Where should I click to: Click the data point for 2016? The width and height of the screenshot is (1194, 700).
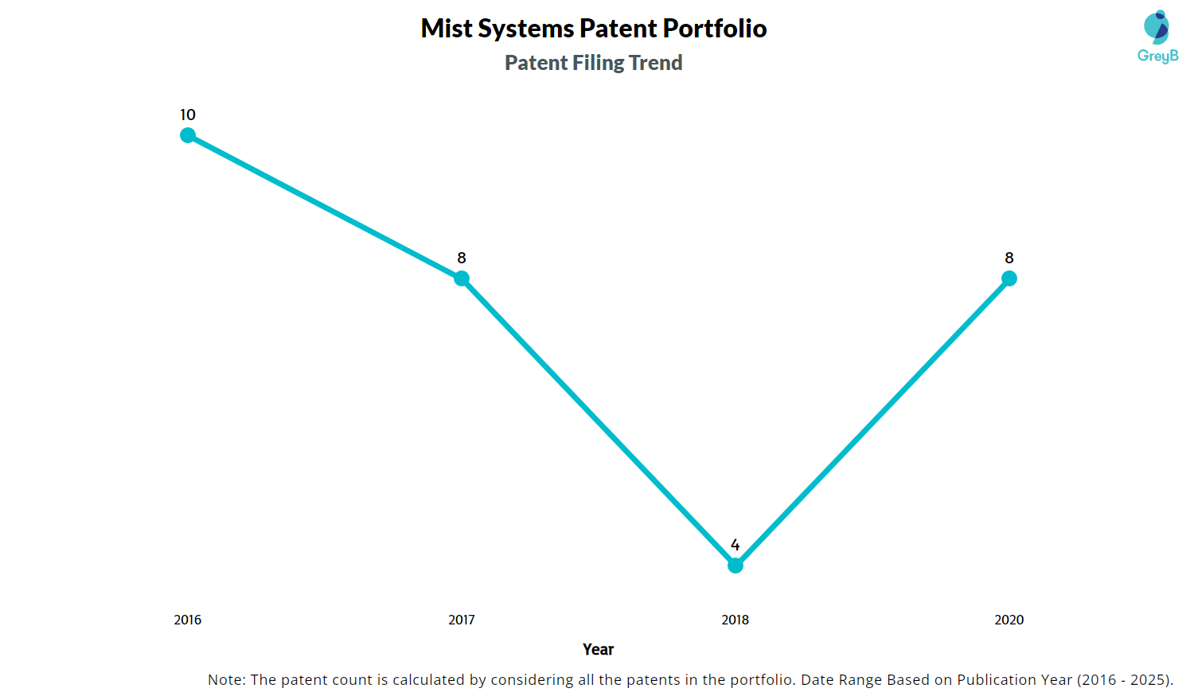point(188,135)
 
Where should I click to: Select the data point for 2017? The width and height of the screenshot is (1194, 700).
point(462,278)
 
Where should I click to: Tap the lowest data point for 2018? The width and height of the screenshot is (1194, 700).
point(736,566)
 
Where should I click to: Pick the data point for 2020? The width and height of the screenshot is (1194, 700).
point(1009,278)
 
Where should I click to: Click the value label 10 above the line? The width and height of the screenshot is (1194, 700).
point(188,115)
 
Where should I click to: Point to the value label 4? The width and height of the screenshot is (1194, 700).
point(736,545)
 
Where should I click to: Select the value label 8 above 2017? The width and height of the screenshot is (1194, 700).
point(462,258)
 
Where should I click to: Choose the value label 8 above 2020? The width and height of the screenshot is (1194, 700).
point(1009,258)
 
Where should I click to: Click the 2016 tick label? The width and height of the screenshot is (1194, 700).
point(188,620)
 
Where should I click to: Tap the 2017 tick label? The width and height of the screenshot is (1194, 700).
point(462,620)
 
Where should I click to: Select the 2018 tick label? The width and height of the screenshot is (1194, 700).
point(736,620)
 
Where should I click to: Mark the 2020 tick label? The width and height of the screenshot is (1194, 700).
point(1009,620)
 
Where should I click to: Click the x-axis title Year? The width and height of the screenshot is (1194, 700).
point(598,649)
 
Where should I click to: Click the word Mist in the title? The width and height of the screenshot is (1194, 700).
point(447,29)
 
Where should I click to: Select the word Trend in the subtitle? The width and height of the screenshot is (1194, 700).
point(655,63)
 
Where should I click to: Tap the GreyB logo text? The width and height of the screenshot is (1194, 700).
point(1157,56)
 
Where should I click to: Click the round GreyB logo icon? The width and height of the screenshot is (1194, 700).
point(1157,27)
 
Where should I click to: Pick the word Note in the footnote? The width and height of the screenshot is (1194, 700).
point(226,680)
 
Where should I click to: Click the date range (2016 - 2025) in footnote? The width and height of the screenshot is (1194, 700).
point(1124,680)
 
